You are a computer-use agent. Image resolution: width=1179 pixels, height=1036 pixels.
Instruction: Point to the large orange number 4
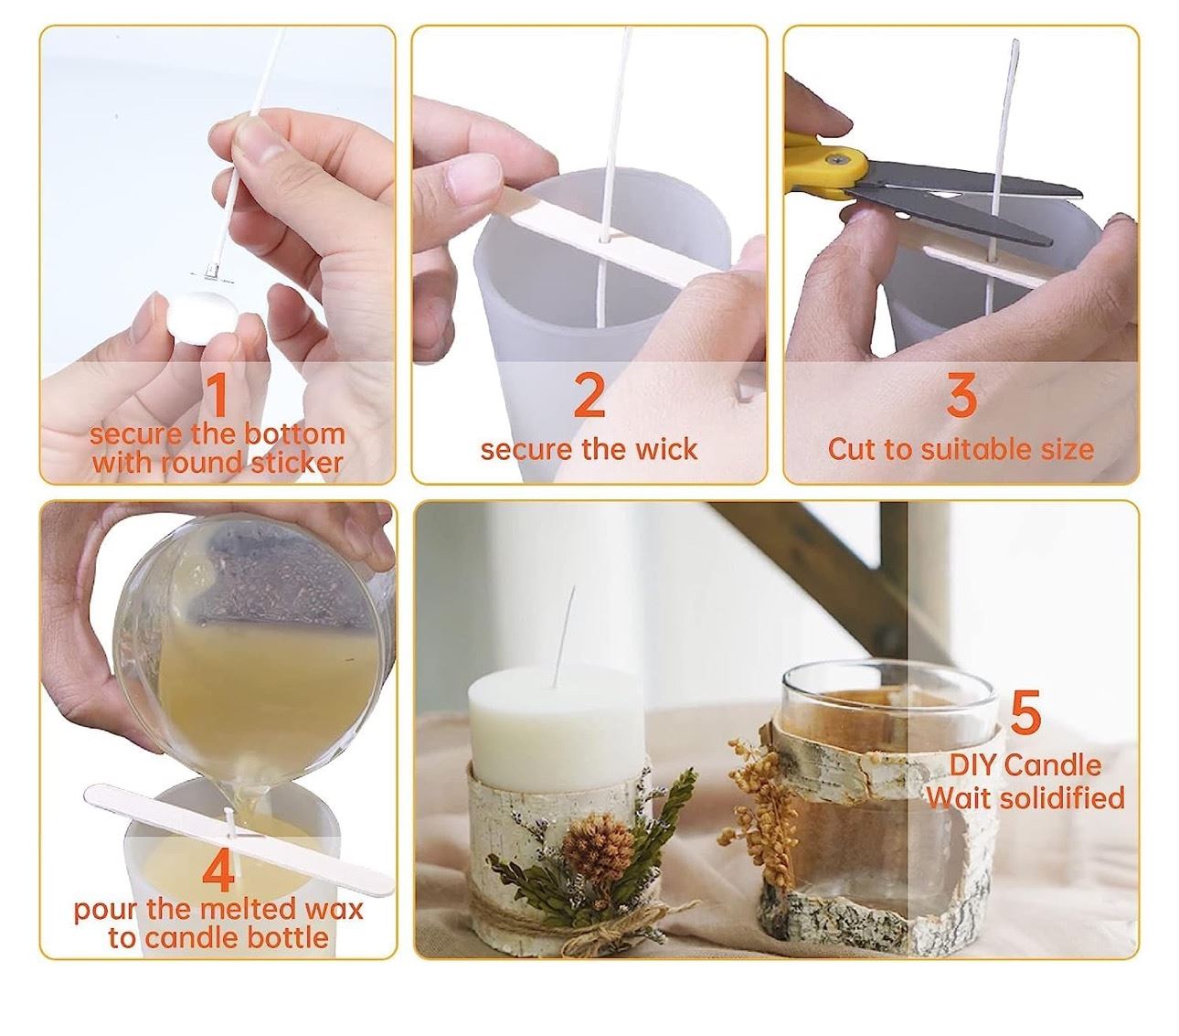[220, 871]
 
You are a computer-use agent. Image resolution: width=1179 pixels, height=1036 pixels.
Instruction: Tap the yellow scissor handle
[823, 166]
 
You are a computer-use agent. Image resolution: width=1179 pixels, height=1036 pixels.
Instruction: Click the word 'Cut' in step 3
[851, 450]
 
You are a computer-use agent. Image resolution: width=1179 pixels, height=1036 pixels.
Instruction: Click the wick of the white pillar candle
[565, 636]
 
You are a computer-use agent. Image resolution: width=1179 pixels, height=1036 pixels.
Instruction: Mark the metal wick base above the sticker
[210, 273]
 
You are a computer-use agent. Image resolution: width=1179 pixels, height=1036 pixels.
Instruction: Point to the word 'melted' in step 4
[247, 909]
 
